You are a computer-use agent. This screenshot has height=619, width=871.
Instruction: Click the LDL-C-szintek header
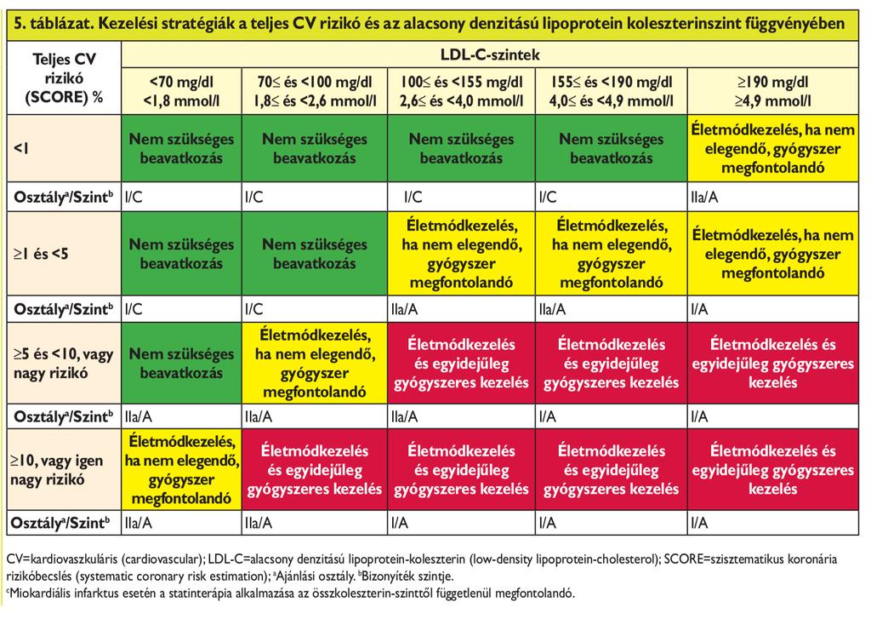pos(489,55)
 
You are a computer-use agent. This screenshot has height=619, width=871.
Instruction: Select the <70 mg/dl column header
pos(181,92)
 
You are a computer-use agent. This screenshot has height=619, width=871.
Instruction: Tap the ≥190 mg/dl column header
pos(772,92)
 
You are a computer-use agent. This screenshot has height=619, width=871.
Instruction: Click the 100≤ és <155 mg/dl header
pos(461,92)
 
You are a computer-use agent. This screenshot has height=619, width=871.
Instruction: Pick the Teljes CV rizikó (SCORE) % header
pos(65,77)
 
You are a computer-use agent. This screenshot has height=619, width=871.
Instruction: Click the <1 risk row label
pos(21,148)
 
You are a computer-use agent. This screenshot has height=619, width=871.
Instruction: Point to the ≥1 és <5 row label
pos(41,255)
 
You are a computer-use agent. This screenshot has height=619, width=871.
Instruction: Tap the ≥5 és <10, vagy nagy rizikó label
pos(63,364)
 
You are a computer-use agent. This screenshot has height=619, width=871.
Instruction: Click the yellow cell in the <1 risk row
pos(773,148)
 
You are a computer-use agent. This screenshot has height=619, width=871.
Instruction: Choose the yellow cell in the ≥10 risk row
pos(182,469)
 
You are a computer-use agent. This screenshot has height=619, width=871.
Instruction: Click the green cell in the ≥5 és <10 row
pos(182,364)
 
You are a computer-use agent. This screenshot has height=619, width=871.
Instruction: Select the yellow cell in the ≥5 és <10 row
pos(315,364)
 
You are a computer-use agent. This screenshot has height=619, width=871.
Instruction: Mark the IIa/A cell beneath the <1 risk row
pos(704,197)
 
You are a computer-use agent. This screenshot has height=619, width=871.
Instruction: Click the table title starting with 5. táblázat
pos(429,24)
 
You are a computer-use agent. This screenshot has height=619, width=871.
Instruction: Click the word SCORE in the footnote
pos(685,559)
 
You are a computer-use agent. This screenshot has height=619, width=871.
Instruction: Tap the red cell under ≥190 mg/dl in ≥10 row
pos(773,469)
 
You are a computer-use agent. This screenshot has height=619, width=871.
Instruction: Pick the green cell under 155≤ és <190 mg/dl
pos(611,148)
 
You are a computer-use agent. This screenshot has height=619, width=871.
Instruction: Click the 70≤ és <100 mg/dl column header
pos(315,92)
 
